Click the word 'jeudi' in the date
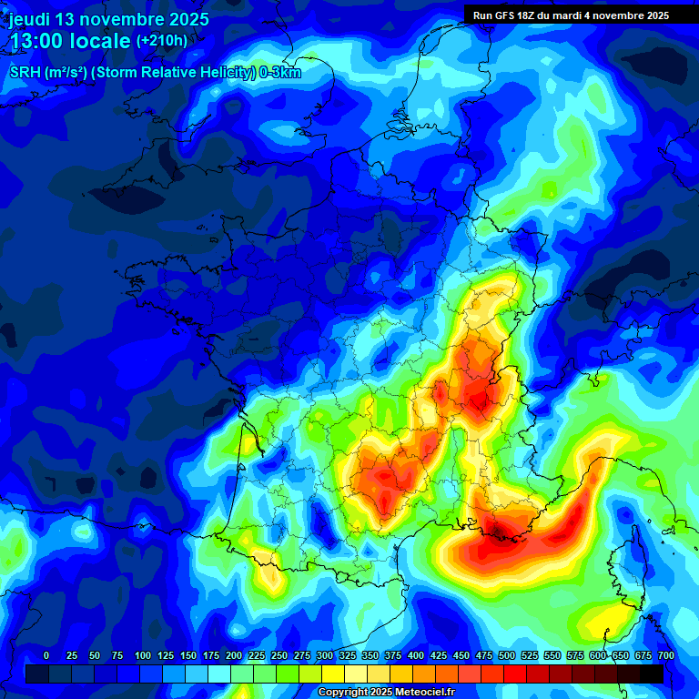[30, 19]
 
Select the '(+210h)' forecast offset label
[162, 41]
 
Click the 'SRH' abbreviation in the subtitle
[25, 73]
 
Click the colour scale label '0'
[46, 655]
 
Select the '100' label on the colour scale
[143, 655]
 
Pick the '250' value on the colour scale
[279, 655]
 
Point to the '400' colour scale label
[416, 655]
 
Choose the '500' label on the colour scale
[507, 655]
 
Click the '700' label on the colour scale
[666, 655]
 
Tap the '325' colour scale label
[348, 655]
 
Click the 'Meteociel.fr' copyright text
[422, 693]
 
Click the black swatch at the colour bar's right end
[652, 674]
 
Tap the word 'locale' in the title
[98, 41]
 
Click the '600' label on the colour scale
[598, 655]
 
